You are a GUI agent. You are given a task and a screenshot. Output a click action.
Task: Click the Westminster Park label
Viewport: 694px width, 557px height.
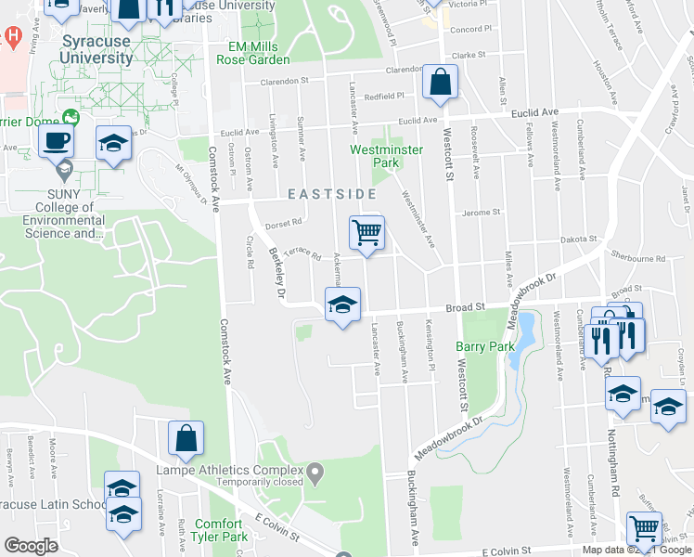click(x=386, y=156)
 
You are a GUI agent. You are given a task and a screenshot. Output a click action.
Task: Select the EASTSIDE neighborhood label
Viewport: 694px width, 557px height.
click(x=331, y=194)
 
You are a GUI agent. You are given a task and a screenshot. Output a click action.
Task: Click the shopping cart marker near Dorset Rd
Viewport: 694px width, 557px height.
click(x=366, y=233)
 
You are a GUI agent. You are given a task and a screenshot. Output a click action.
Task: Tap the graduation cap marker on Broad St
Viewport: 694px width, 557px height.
click(x=341, y=304)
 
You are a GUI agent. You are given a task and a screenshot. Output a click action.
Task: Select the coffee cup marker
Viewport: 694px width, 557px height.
click(x=56, y=142)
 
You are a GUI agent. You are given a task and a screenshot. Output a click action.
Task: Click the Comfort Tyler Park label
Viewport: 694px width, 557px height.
click(x=219, y=530)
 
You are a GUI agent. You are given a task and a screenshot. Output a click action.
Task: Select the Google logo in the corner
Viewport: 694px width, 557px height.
click(x=31, y=546)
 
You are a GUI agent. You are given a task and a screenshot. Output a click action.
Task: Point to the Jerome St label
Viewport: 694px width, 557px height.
click(x=482, y=212)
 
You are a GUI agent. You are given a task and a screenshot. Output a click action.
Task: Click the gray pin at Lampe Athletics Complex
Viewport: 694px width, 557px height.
click(x=315, y=474)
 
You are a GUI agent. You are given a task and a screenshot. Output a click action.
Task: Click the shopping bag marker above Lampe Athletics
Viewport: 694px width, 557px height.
click(x=186, y=440)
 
